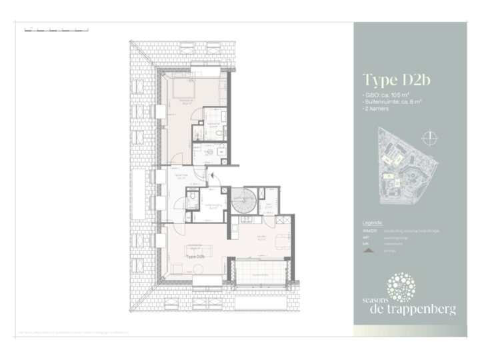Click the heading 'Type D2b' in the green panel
click(x=396, y=81)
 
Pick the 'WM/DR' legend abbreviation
click(x=369, y=231)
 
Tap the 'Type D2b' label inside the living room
click(x=195, y=257)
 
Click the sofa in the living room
click(x=199, y=248)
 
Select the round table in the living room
click(x=197, y=268)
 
